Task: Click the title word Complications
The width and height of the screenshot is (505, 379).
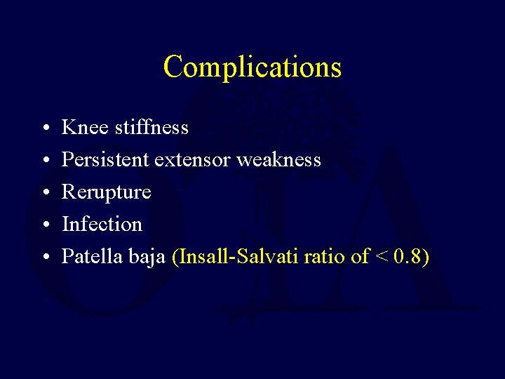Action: (252, 67)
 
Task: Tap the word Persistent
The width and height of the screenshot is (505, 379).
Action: (105, 159)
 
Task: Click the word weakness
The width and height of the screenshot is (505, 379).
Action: (278, 159)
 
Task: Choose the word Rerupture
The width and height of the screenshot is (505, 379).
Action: (107, 192)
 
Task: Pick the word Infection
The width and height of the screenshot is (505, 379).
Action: (102, 225)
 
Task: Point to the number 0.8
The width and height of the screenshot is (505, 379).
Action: (411, 257)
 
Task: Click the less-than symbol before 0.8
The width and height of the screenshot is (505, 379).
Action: (382, 258)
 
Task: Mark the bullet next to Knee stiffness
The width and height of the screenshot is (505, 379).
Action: (43, 128)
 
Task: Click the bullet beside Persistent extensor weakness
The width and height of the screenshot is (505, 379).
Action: (43, 161)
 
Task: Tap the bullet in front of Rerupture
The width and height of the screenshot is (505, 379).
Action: (43, 193)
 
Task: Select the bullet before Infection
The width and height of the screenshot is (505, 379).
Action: (43, 225)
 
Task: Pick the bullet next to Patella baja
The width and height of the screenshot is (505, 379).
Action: (43, 258)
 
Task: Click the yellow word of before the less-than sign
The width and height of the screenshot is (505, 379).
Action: (360, 257)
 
